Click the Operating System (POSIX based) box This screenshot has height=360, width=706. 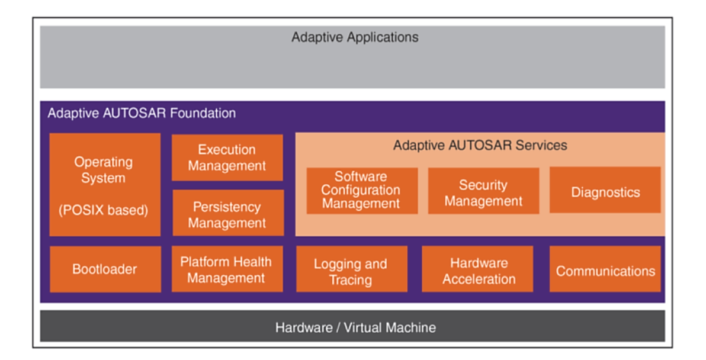[105, 185]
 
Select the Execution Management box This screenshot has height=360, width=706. [227, 157]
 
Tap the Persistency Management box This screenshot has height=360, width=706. [228, 213]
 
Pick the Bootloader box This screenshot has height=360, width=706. [105, 269]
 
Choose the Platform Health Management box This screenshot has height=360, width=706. [227, 269]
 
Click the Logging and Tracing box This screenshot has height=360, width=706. [352, 269]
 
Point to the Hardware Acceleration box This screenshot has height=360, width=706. [477, 269]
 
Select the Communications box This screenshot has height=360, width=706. [605, 269]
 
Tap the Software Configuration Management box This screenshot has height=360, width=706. [362, 191]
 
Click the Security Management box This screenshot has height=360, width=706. [483, 191]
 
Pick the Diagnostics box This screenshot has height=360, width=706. [605, 190]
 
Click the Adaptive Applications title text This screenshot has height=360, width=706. [355, 37]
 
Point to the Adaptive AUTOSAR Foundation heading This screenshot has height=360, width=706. [142, 113]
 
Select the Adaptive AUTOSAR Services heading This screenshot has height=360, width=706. [480, 145]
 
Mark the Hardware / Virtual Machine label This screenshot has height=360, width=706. [355, 327]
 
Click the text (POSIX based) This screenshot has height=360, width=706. [104, 210]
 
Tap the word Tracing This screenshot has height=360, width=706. [351, 280]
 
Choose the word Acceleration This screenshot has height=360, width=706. [479, 279]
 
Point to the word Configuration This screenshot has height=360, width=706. [361, 190]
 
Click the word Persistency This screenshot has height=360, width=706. [227, 207]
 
